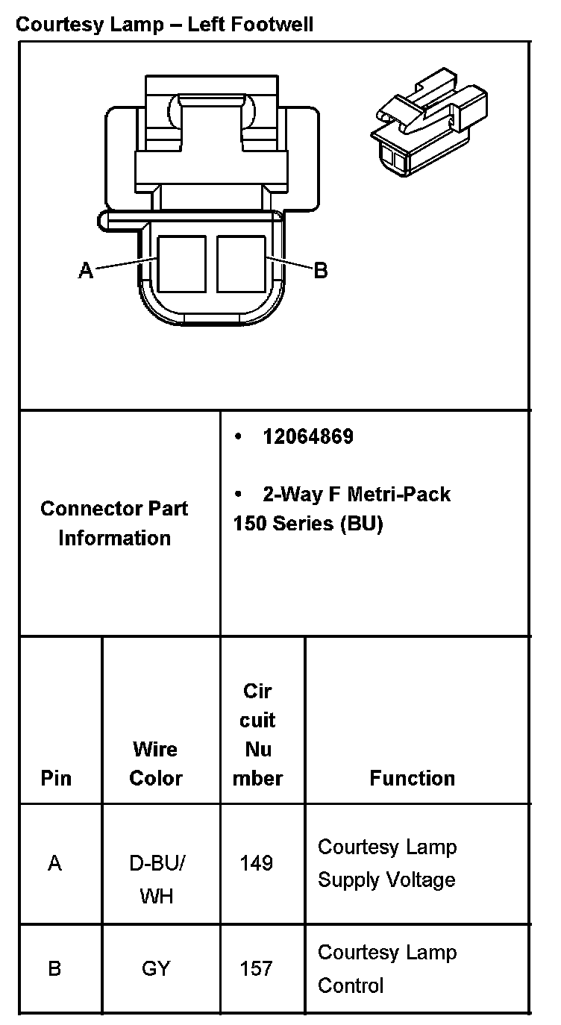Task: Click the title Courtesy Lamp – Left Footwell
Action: point(164,25)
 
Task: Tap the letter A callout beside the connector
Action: point(87,270)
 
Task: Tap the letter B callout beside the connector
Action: point(321,270)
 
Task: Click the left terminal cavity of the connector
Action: point(181,263)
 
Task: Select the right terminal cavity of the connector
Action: point(241,263)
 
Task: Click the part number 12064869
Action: point(307,437)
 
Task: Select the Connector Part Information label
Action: point(114,523)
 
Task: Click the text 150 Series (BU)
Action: point(307,524)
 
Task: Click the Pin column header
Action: point(56,778)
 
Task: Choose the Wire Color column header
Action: point(155,763)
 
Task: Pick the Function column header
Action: point(412,778)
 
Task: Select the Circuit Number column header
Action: point(258,735)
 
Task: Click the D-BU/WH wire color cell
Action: point(157,879)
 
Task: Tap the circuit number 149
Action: point(256,864)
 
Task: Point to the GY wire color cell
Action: point(156,969)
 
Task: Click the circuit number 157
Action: point(256,969)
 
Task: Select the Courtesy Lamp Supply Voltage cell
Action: point(386,863)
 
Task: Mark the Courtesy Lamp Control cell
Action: point(386,968)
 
